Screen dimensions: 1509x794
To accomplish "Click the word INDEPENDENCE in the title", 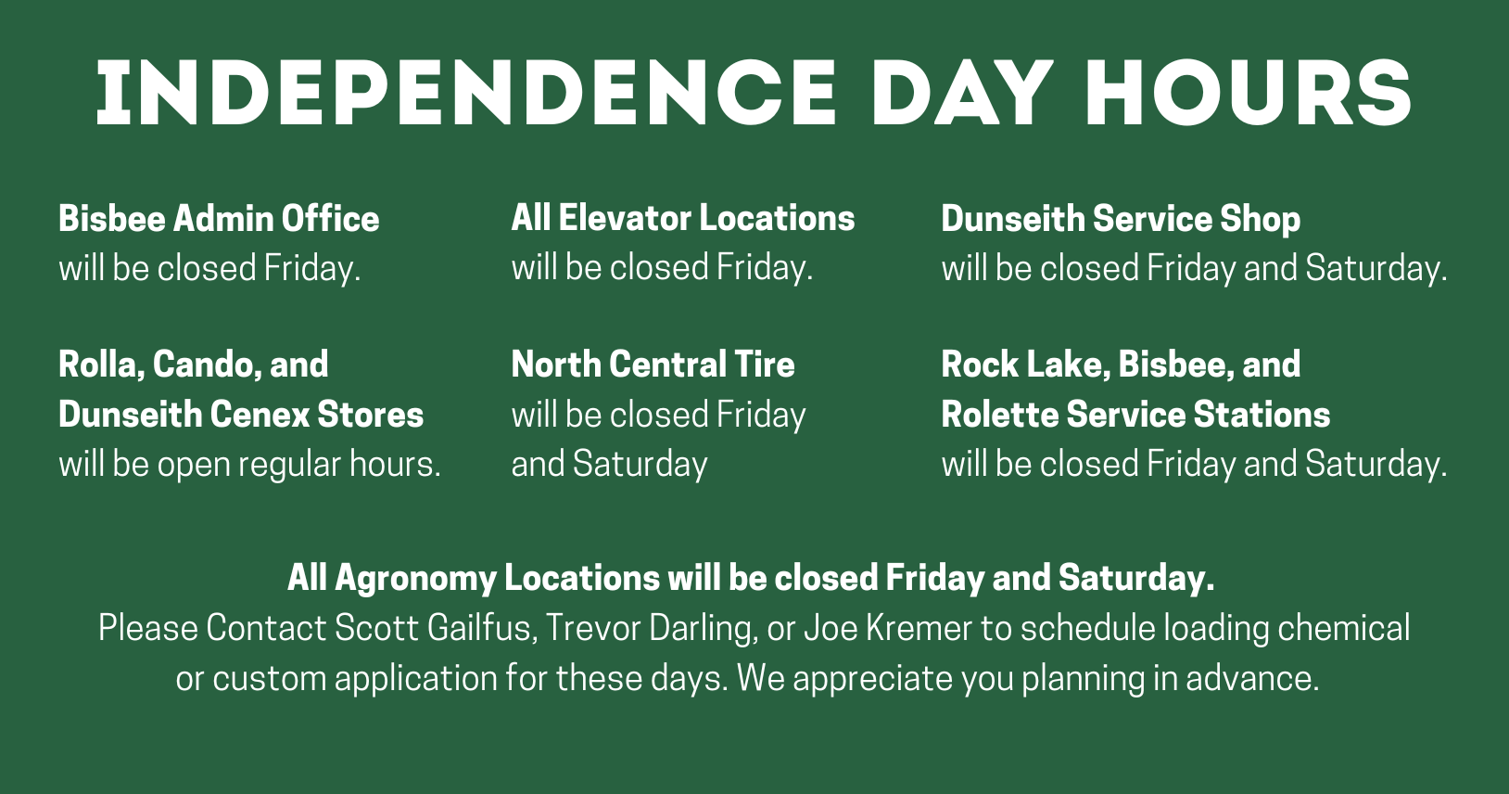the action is pyautogui.click(x=466, y=93).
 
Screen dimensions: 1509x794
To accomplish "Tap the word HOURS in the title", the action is pyautogui.click(x=1249, y=93).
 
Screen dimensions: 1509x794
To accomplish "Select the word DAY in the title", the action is pyautogui.click(x=963, y=93).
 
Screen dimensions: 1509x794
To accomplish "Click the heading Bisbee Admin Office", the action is pyautogui.click(x=219, y=218).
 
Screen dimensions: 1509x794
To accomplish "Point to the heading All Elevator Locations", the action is pyautogui.click(x=682, y=218).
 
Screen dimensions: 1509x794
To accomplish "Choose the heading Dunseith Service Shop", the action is pyautogui.click(x=1121, y=220).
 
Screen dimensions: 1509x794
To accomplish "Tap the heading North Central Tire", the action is pyautogui.click(x=653, y=364).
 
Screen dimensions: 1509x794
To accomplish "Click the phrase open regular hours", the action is pyautogui.click(x=299, y=465).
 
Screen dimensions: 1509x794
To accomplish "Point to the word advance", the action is pyautogui.click(x=1252, y=678).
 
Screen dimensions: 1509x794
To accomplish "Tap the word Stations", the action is pyautogui.click(x=1262, y=414).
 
